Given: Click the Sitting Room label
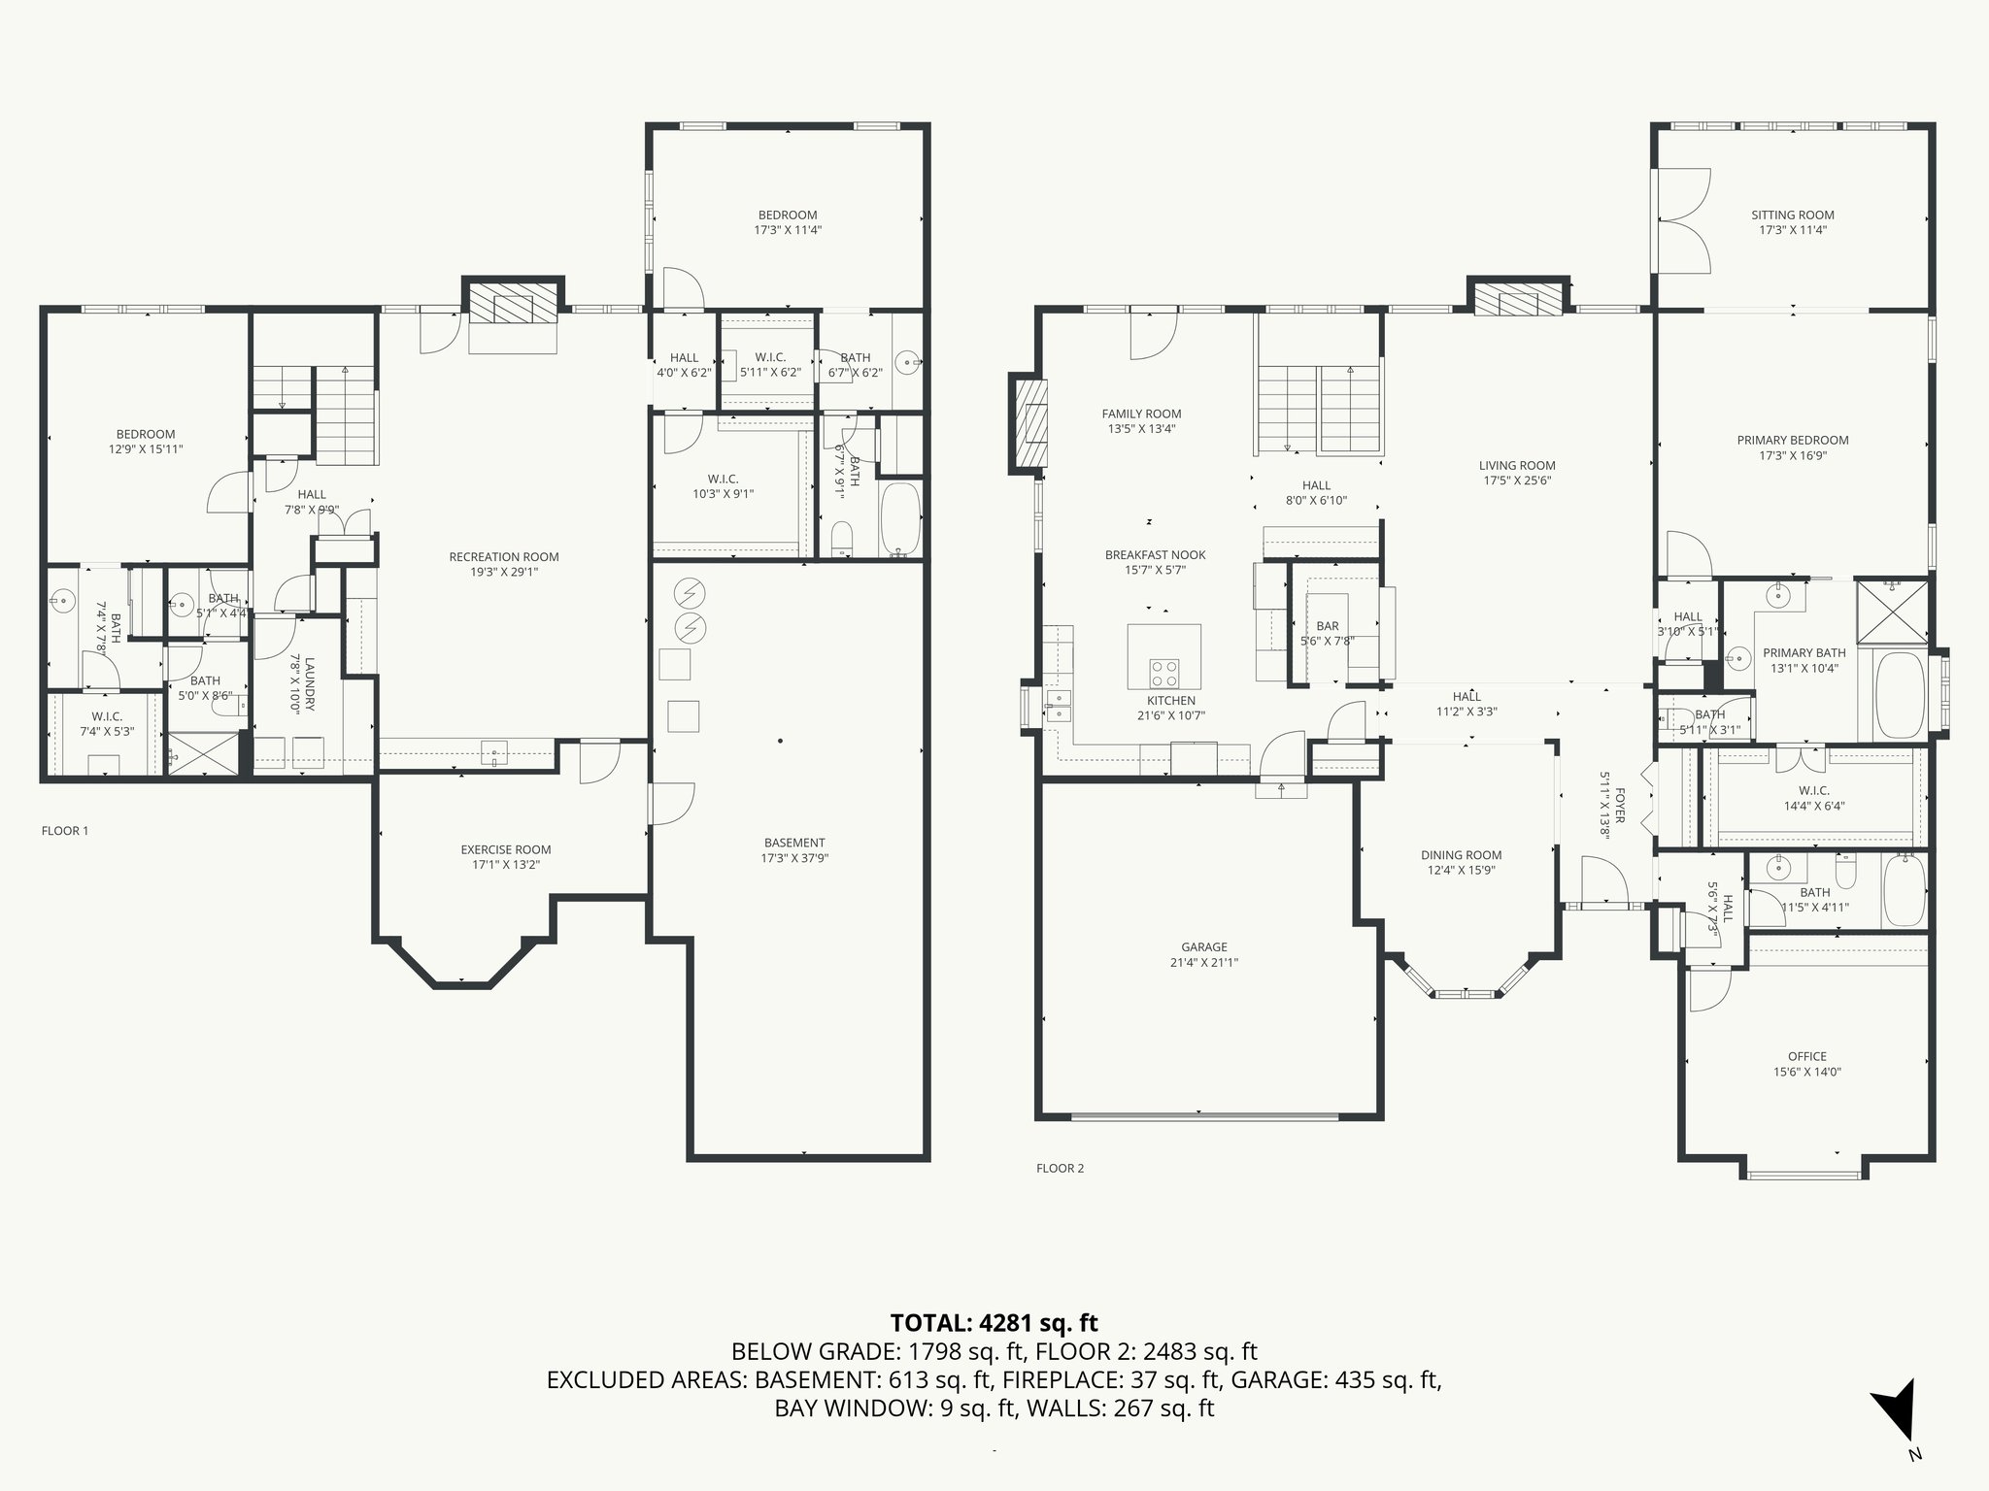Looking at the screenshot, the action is (x=1793, y=215).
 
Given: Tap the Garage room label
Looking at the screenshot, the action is (x=1204, y=947).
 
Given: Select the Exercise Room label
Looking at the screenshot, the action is (x=506, y=850).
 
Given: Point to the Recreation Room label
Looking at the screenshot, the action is (x=504, y=557).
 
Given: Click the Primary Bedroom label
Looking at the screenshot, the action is (x=1793, y=441).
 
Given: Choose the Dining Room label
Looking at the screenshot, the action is (x=1462, y=855).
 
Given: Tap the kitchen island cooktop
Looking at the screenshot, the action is (x=1164, y=672).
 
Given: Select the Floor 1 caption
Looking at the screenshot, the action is (x=65, y=831).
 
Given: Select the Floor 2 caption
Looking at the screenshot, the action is (x=1061, y=1169).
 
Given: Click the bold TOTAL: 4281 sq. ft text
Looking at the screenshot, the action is (x=994, y=1322).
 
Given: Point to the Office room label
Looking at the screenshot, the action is (x=1807, y=1057).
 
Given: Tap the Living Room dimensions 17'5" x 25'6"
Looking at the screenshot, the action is (x=1518, y=480).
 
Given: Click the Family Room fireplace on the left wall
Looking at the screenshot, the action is (x=1029, y=423).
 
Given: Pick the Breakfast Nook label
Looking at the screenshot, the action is (x=1156, y=555).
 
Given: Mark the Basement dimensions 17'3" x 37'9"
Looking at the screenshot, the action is (x=794, y=858).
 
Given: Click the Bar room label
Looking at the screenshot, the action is (x=1328, y=626).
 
